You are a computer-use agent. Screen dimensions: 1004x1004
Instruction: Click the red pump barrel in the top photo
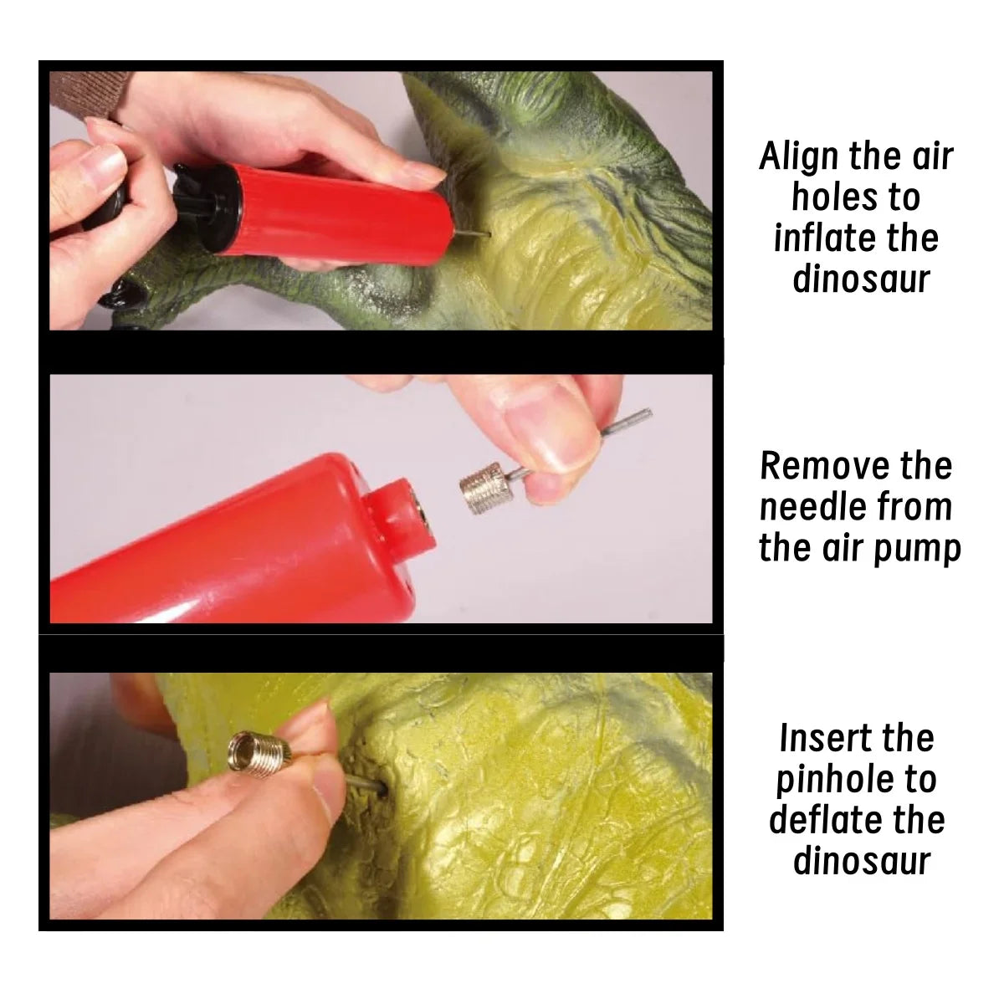339,213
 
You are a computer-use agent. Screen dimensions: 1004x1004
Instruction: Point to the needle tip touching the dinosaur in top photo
488,234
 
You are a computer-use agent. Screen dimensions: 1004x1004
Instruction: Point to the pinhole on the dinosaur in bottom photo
382,792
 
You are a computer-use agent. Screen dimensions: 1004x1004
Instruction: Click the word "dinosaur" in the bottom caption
862,861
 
